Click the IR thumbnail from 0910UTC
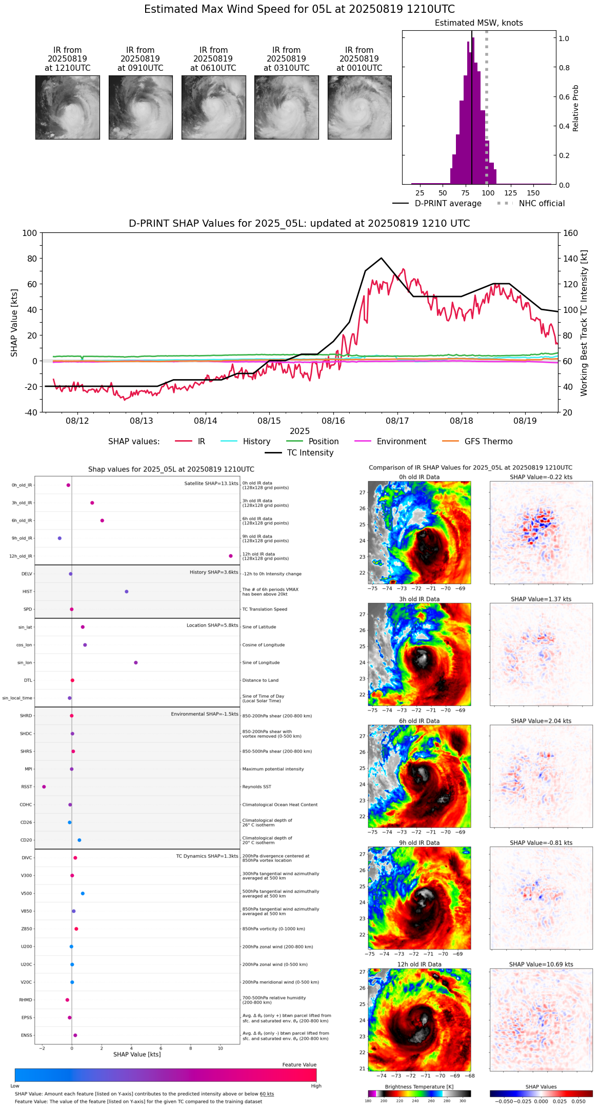point(141,107)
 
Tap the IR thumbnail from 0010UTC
point(360,107)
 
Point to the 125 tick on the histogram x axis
point(510,193)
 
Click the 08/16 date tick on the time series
point(333,421)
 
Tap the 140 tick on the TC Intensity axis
point(570,259)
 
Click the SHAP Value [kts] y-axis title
point(14,323)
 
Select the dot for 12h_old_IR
point(231,556)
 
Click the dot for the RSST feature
point(44,787)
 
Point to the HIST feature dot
point(127,591)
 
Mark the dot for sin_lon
point(136,663)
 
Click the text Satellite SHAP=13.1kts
point(211,484)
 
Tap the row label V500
point(27,894)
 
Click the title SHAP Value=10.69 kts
point(541,964)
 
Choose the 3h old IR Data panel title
point(419,599)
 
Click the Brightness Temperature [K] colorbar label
point(419,1086)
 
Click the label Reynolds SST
point(257,787)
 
